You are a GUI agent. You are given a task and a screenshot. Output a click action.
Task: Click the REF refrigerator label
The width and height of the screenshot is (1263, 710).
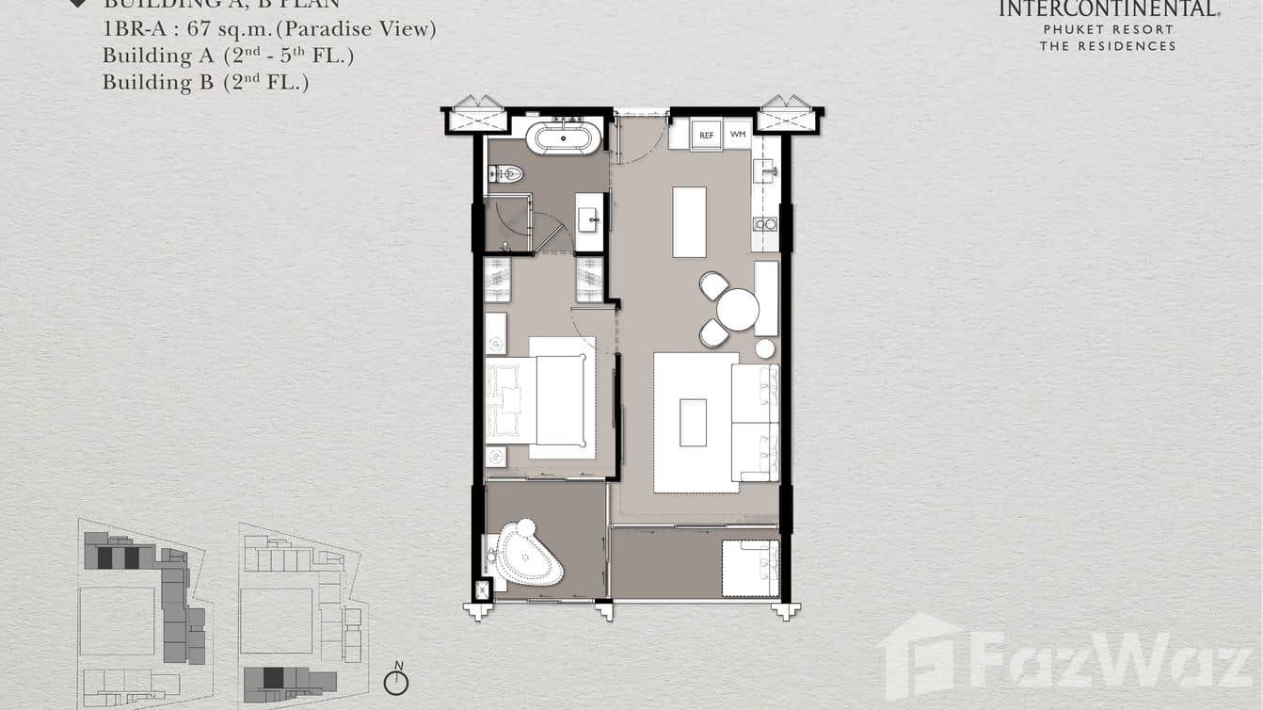706,136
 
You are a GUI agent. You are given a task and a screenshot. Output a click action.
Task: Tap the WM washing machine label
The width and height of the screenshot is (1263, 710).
738,136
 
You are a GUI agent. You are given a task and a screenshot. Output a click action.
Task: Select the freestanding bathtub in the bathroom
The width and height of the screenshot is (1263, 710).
563,139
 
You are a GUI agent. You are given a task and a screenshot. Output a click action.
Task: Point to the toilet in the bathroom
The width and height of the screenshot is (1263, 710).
506,173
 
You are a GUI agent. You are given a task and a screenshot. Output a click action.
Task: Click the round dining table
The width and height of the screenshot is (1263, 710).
737,309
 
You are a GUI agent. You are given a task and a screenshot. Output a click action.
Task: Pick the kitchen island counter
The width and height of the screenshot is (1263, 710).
689,221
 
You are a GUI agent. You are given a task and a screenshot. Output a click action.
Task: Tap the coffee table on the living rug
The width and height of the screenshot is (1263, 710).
693,422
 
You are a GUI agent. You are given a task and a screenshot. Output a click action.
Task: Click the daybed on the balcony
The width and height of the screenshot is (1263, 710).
750,568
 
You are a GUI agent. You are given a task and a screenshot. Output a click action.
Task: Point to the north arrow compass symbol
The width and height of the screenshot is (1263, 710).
396,681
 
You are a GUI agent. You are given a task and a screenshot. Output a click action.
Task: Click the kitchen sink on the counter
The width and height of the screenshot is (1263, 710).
764,170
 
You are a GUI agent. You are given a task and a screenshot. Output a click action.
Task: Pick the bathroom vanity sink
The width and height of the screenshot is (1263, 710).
590,221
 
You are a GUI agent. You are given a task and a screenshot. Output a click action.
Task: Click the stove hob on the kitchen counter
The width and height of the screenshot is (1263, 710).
764,224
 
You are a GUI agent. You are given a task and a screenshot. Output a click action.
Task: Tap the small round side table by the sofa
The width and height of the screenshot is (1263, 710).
764,348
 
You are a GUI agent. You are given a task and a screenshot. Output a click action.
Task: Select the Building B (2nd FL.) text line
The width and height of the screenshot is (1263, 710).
206,82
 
